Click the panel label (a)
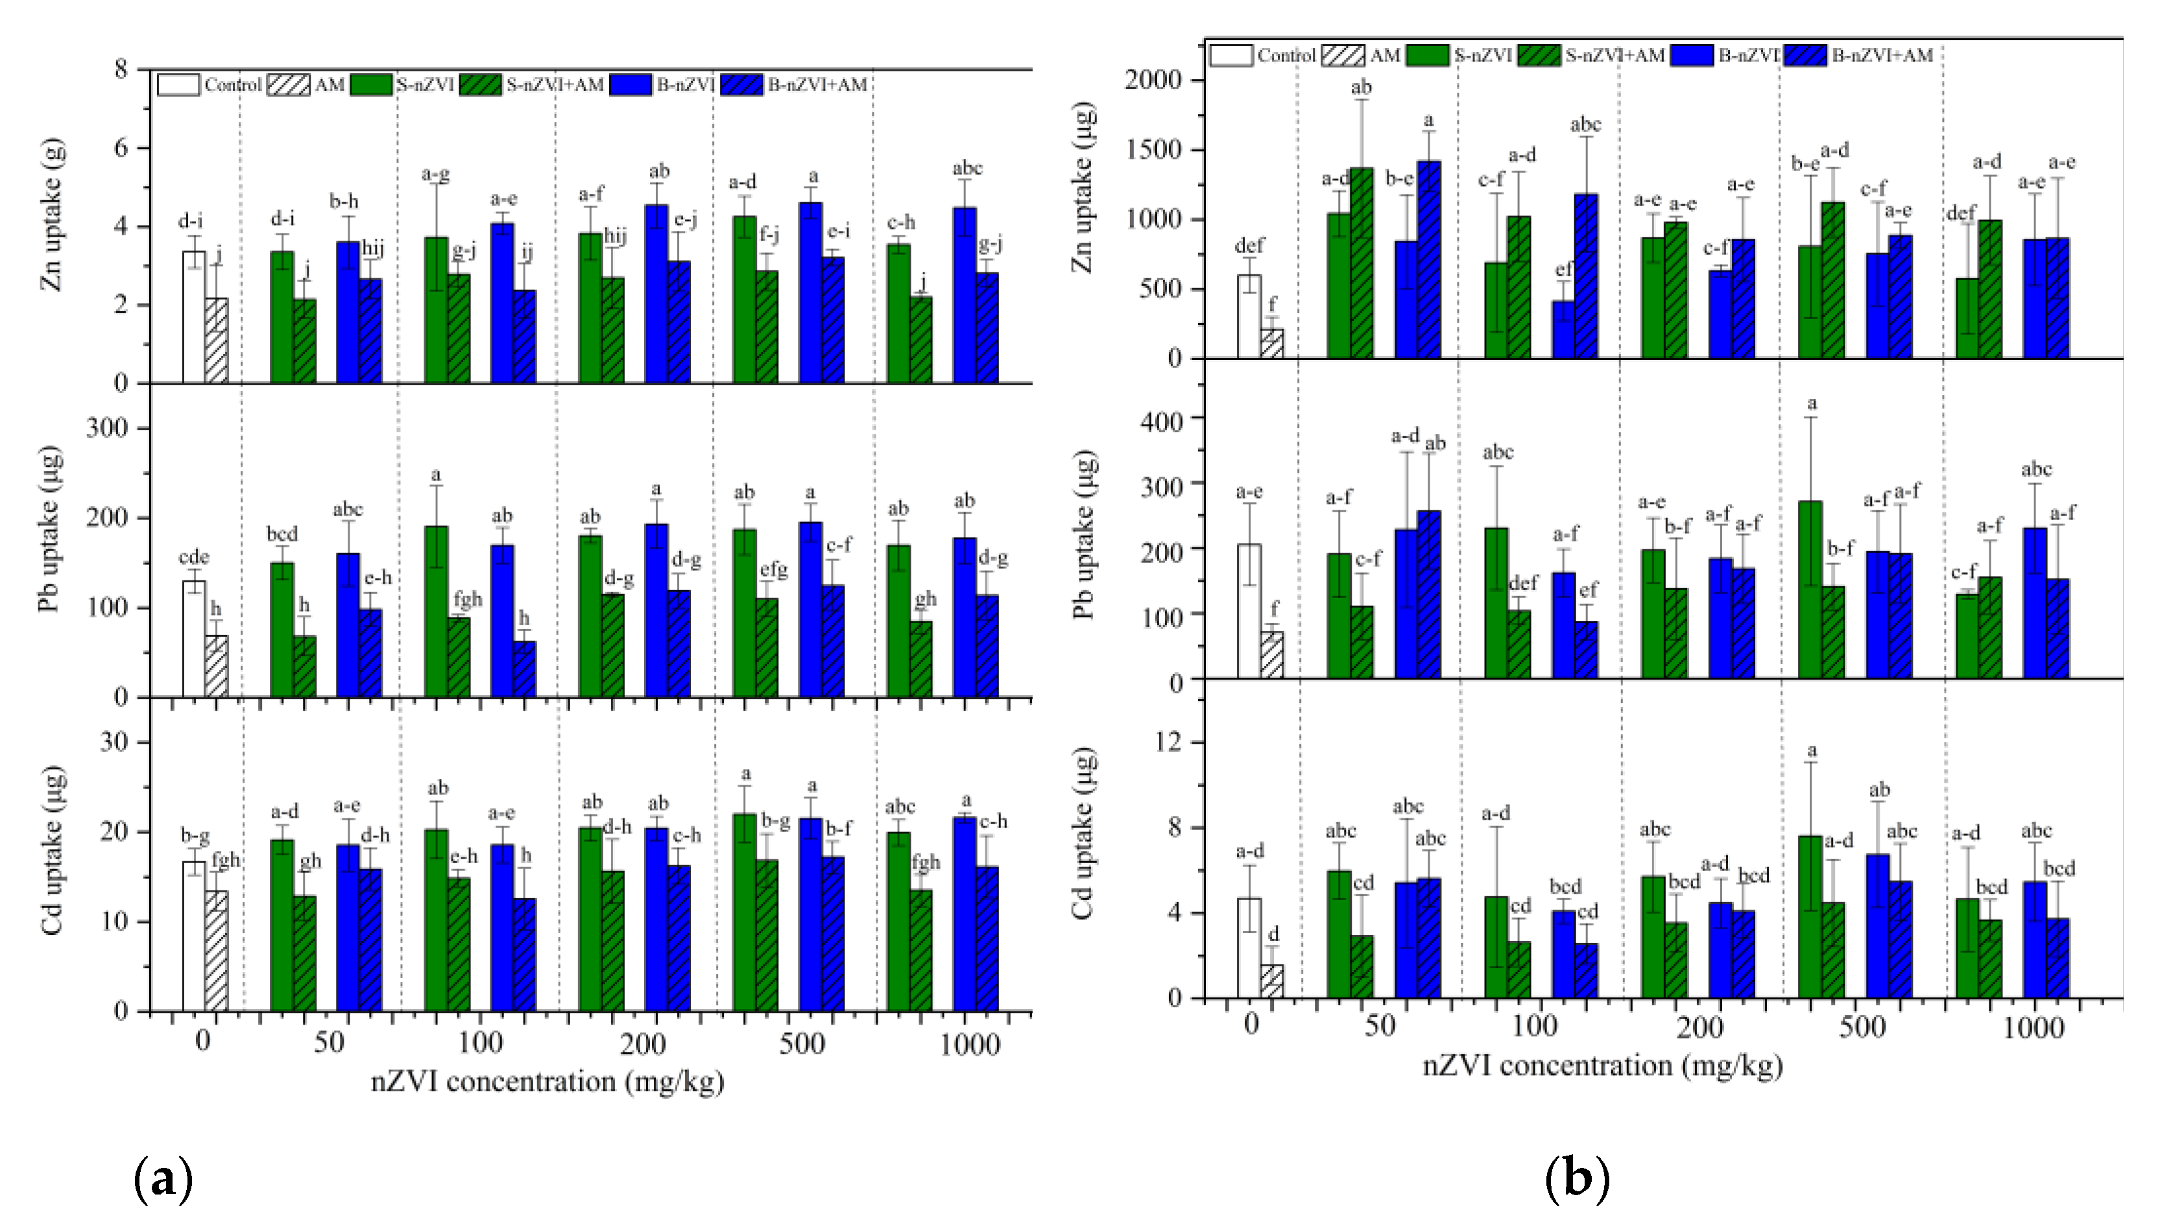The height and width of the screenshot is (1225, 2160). click(x=163, y=1180)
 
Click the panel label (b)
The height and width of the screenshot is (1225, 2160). click(x=1577, y=1180)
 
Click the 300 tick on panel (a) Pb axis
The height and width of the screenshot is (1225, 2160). click(x=107, y=428)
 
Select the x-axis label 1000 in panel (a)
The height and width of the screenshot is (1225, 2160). click(x=969, y=1044)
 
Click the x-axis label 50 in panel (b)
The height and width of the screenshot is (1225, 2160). click(x=1380, y=1027)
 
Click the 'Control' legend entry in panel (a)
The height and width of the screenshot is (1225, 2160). click(x=210, y=85)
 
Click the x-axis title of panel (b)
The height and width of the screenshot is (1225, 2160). click(x=1602, y=1066)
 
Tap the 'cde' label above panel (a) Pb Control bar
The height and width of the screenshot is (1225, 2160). click(x=195, y=557)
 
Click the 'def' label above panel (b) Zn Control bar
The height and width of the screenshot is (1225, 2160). click(x=1249, y=246)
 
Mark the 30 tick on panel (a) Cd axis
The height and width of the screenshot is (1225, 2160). click(x=114, y=742)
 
